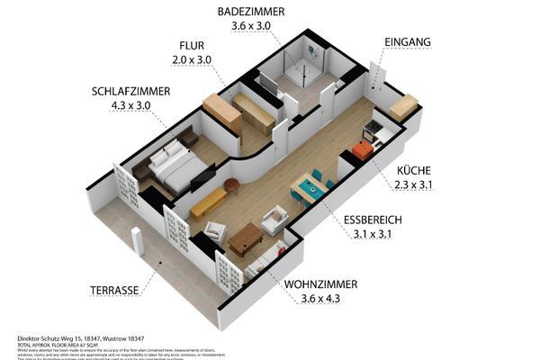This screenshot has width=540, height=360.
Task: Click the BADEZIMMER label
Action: [251, 12]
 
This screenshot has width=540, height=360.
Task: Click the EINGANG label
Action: [407, 42]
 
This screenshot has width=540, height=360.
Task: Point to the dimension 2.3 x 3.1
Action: [413, 184]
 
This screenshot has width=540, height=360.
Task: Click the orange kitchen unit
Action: [362, 150]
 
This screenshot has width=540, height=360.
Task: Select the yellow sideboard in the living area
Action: [208, 202]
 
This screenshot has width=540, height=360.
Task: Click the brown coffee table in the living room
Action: [245, 238]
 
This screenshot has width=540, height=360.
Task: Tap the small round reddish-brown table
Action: [232, 185]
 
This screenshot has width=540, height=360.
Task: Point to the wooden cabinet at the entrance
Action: [403, 106]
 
